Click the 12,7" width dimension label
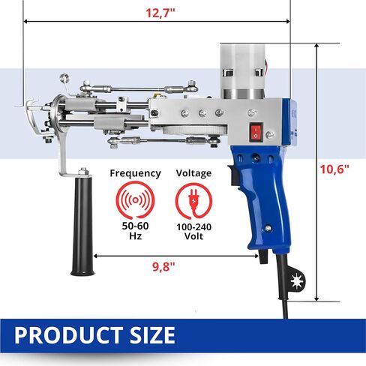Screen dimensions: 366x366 160,13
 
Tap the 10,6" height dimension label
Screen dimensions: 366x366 334,169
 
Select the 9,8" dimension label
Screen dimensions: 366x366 163,267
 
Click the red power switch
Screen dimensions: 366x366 256,132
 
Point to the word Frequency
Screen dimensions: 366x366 135,173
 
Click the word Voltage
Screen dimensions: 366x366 193,173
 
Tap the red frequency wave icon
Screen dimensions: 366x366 135,200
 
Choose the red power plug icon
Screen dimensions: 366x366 193,201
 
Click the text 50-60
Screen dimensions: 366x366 135,226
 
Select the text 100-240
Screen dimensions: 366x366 193,227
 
